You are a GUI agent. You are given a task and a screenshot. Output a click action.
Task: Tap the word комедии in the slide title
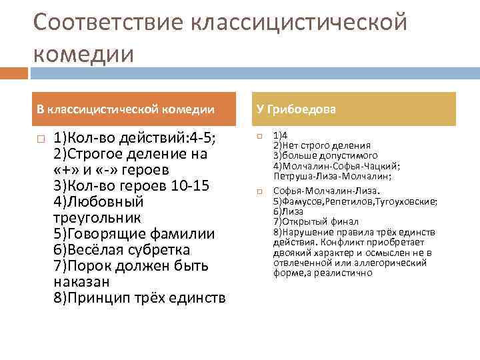[x=83, y=53]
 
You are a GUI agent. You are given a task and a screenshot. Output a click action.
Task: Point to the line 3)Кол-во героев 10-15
[x=122, y=186]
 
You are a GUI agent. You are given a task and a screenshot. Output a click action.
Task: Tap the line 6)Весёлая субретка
[x=121, y=250]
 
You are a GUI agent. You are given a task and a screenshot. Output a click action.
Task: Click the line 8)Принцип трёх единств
[x=139, y=297]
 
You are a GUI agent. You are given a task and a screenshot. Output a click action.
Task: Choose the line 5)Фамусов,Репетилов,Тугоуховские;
[x=355, y=201]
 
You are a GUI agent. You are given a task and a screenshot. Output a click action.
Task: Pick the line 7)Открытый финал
[x=315, y=221]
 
